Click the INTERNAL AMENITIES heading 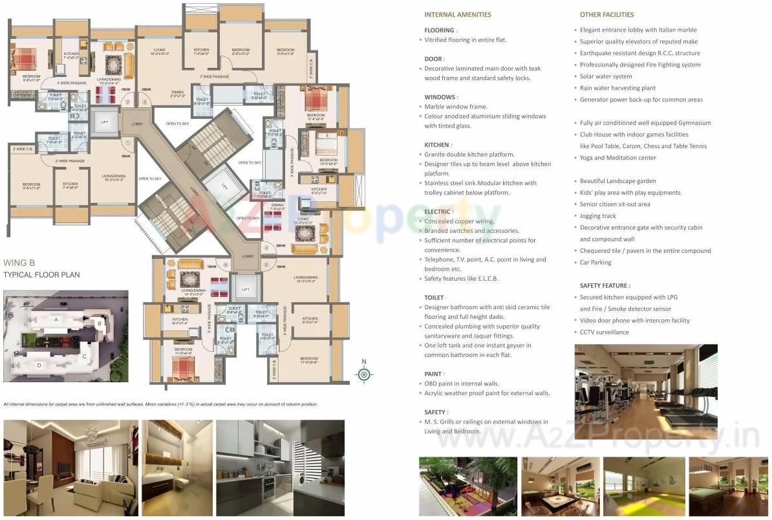click(457, 14)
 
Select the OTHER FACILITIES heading click(606, 14)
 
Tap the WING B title click(19, 263)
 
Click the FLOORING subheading click(440, 30)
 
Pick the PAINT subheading click(433, 374)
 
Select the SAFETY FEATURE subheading click(605, 285)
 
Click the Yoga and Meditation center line click(617, 158)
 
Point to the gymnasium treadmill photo click(645, 384)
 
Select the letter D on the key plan click(39, 365)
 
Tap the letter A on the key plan click(56, 320)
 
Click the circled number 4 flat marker click(266, 248)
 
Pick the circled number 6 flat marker click(226, 265)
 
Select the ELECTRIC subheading click(438, 211)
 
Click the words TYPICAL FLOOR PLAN click(41, 275)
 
